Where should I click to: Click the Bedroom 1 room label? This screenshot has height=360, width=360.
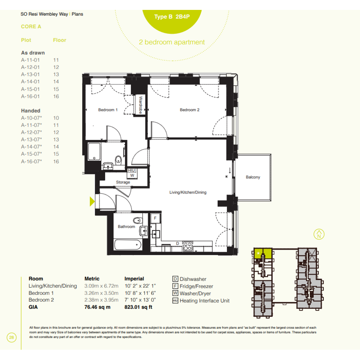(108, 110)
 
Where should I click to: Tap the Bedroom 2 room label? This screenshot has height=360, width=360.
(190, 110)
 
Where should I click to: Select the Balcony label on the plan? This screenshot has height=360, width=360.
(253, 177)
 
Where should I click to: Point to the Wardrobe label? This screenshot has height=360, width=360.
(141, 105)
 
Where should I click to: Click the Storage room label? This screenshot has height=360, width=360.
(123, 182)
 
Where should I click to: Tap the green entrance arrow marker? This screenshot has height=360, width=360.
(92, 202)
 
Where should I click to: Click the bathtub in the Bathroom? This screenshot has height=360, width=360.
(128, 245)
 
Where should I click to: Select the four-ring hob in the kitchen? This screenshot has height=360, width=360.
(187, 246)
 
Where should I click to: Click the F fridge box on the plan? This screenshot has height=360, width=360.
(155, 218)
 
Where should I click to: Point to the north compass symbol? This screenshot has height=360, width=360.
(319, 234)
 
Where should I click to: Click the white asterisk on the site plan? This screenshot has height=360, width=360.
(258, 253)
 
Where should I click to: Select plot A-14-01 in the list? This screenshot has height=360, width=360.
(30, 82)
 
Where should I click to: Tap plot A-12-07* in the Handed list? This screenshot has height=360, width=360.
(32, 132)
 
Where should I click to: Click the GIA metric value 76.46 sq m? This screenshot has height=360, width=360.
(98, 307)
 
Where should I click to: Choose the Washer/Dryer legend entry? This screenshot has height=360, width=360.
(192, 293)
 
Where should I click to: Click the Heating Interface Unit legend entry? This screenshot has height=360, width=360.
(201, 301)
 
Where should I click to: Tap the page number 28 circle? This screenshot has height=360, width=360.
(11, 337)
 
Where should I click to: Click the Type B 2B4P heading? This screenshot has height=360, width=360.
(172, 17)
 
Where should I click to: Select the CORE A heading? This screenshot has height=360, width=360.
(31, 27)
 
